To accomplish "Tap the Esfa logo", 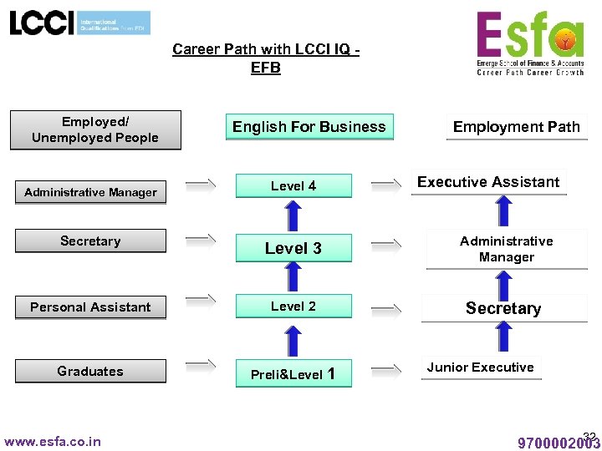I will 530,43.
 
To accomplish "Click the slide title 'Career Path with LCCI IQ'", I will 266,58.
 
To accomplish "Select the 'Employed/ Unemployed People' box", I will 95,129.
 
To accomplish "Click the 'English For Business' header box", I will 309,127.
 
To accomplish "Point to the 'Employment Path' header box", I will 516,127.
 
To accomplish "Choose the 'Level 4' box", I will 293,185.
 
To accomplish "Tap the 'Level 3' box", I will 293,248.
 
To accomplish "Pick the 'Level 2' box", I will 293,307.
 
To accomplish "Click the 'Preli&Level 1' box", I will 293,374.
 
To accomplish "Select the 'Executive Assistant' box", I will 488,182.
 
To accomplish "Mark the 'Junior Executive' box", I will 480,367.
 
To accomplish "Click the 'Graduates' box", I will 90,372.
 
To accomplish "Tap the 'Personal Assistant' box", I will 90,307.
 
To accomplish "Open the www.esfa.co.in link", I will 53,441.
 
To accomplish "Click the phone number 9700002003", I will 559,443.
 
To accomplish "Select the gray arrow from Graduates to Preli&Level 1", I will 201,364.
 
